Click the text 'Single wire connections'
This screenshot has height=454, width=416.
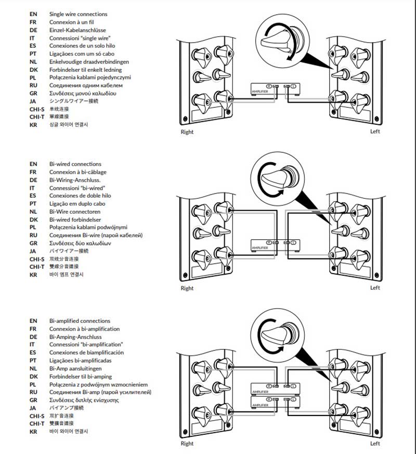click(78, 15)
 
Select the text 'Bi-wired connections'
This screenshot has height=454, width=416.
click(75, 164)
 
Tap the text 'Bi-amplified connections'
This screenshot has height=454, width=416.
click(80, 321)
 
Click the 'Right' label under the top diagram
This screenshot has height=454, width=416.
click(187, 132)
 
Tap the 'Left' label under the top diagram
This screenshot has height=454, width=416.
click(375, 132)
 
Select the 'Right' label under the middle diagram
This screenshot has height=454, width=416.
click(187, 288)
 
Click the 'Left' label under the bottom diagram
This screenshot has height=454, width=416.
click(375, 444)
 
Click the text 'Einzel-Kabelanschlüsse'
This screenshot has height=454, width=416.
click(79, 30)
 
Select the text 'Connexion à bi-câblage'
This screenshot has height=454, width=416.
click(78, 172)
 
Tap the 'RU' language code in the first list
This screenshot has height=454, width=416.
click(33, 85)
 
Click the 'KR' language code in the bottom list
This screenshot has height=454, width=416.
click(33, 432)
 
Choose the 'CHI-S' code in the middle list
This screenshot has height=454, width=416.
click(37, 258)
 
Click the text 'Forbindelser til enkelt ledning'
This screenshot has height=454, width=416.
click(85, 70)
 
